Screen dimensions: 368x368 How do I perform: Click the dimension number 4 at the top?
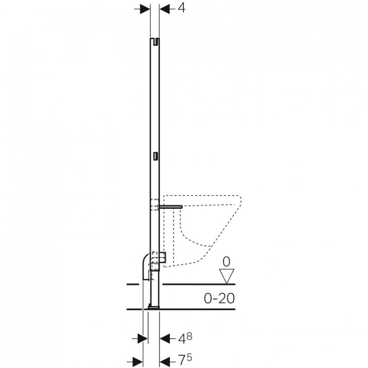pos(181,8)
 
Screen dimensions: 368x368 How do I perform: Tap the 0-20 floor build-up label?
pos(219,298)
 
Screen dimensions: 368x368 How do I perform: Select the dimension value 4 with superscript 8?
pos(185,338)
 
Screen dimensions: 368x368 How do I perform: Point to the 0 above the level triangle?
pos(227,262)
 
